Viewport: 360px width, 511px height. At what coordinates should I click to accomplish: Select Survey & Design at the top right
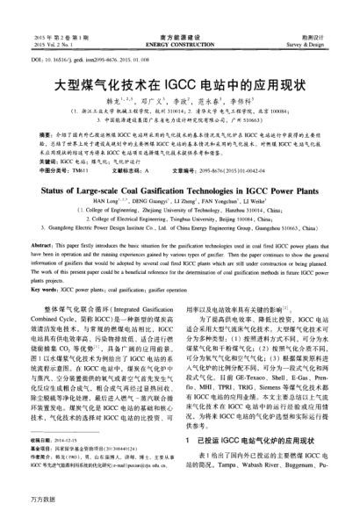pos(326,18)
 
